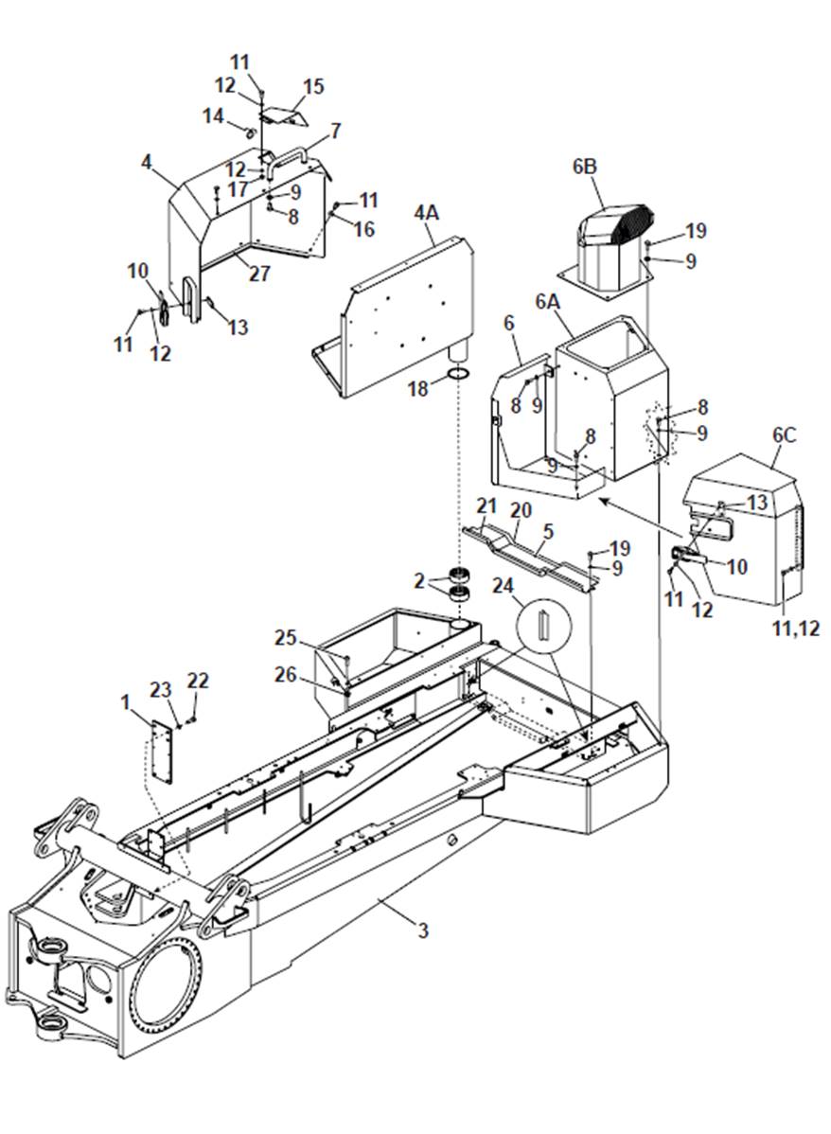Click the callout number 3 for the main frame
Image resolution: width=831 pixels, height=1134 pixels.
422,930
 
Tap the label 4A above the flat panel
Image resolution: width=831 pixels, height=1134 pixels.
426,213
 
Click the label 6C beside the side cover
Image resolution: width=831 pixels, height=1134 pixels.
784,436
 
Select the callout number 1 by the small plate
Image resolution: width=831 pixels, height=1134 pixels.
124,701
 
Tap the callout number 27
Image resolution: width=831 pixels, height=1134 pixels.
259,274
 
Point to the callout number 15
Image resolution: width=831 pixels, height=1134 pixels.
313,87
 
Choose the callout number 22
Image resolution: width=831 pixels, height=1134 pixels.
198,681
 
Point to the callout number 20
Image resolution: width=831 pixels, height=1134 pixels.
521,510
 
